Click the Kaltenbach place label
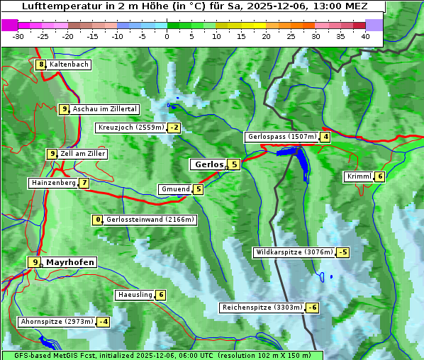tap(69, 64)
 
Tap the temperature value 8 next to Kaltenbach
tap(41, 64)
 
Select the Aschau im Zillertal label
tap(104, 109)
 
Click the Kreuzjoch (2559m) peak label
tap(130, 128)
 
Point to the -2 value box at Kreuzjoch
tap(174, 128)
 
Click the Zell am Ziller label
tap(82, 154)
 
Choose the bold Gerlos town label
tap(208, 164)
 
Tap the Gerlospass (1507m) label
tap(281, 137)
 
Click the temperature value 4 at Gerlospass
tap(325, 137)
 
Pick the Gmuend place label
tap(175, 189)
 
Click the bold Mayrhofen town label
tap(69, 262)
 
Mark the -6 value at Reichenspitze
tap(312, 308)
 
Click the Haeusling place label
tap(134, 295)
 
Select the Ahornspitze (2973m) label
tap(57, 322)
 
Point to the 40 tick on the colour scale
tap(365, 36)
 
